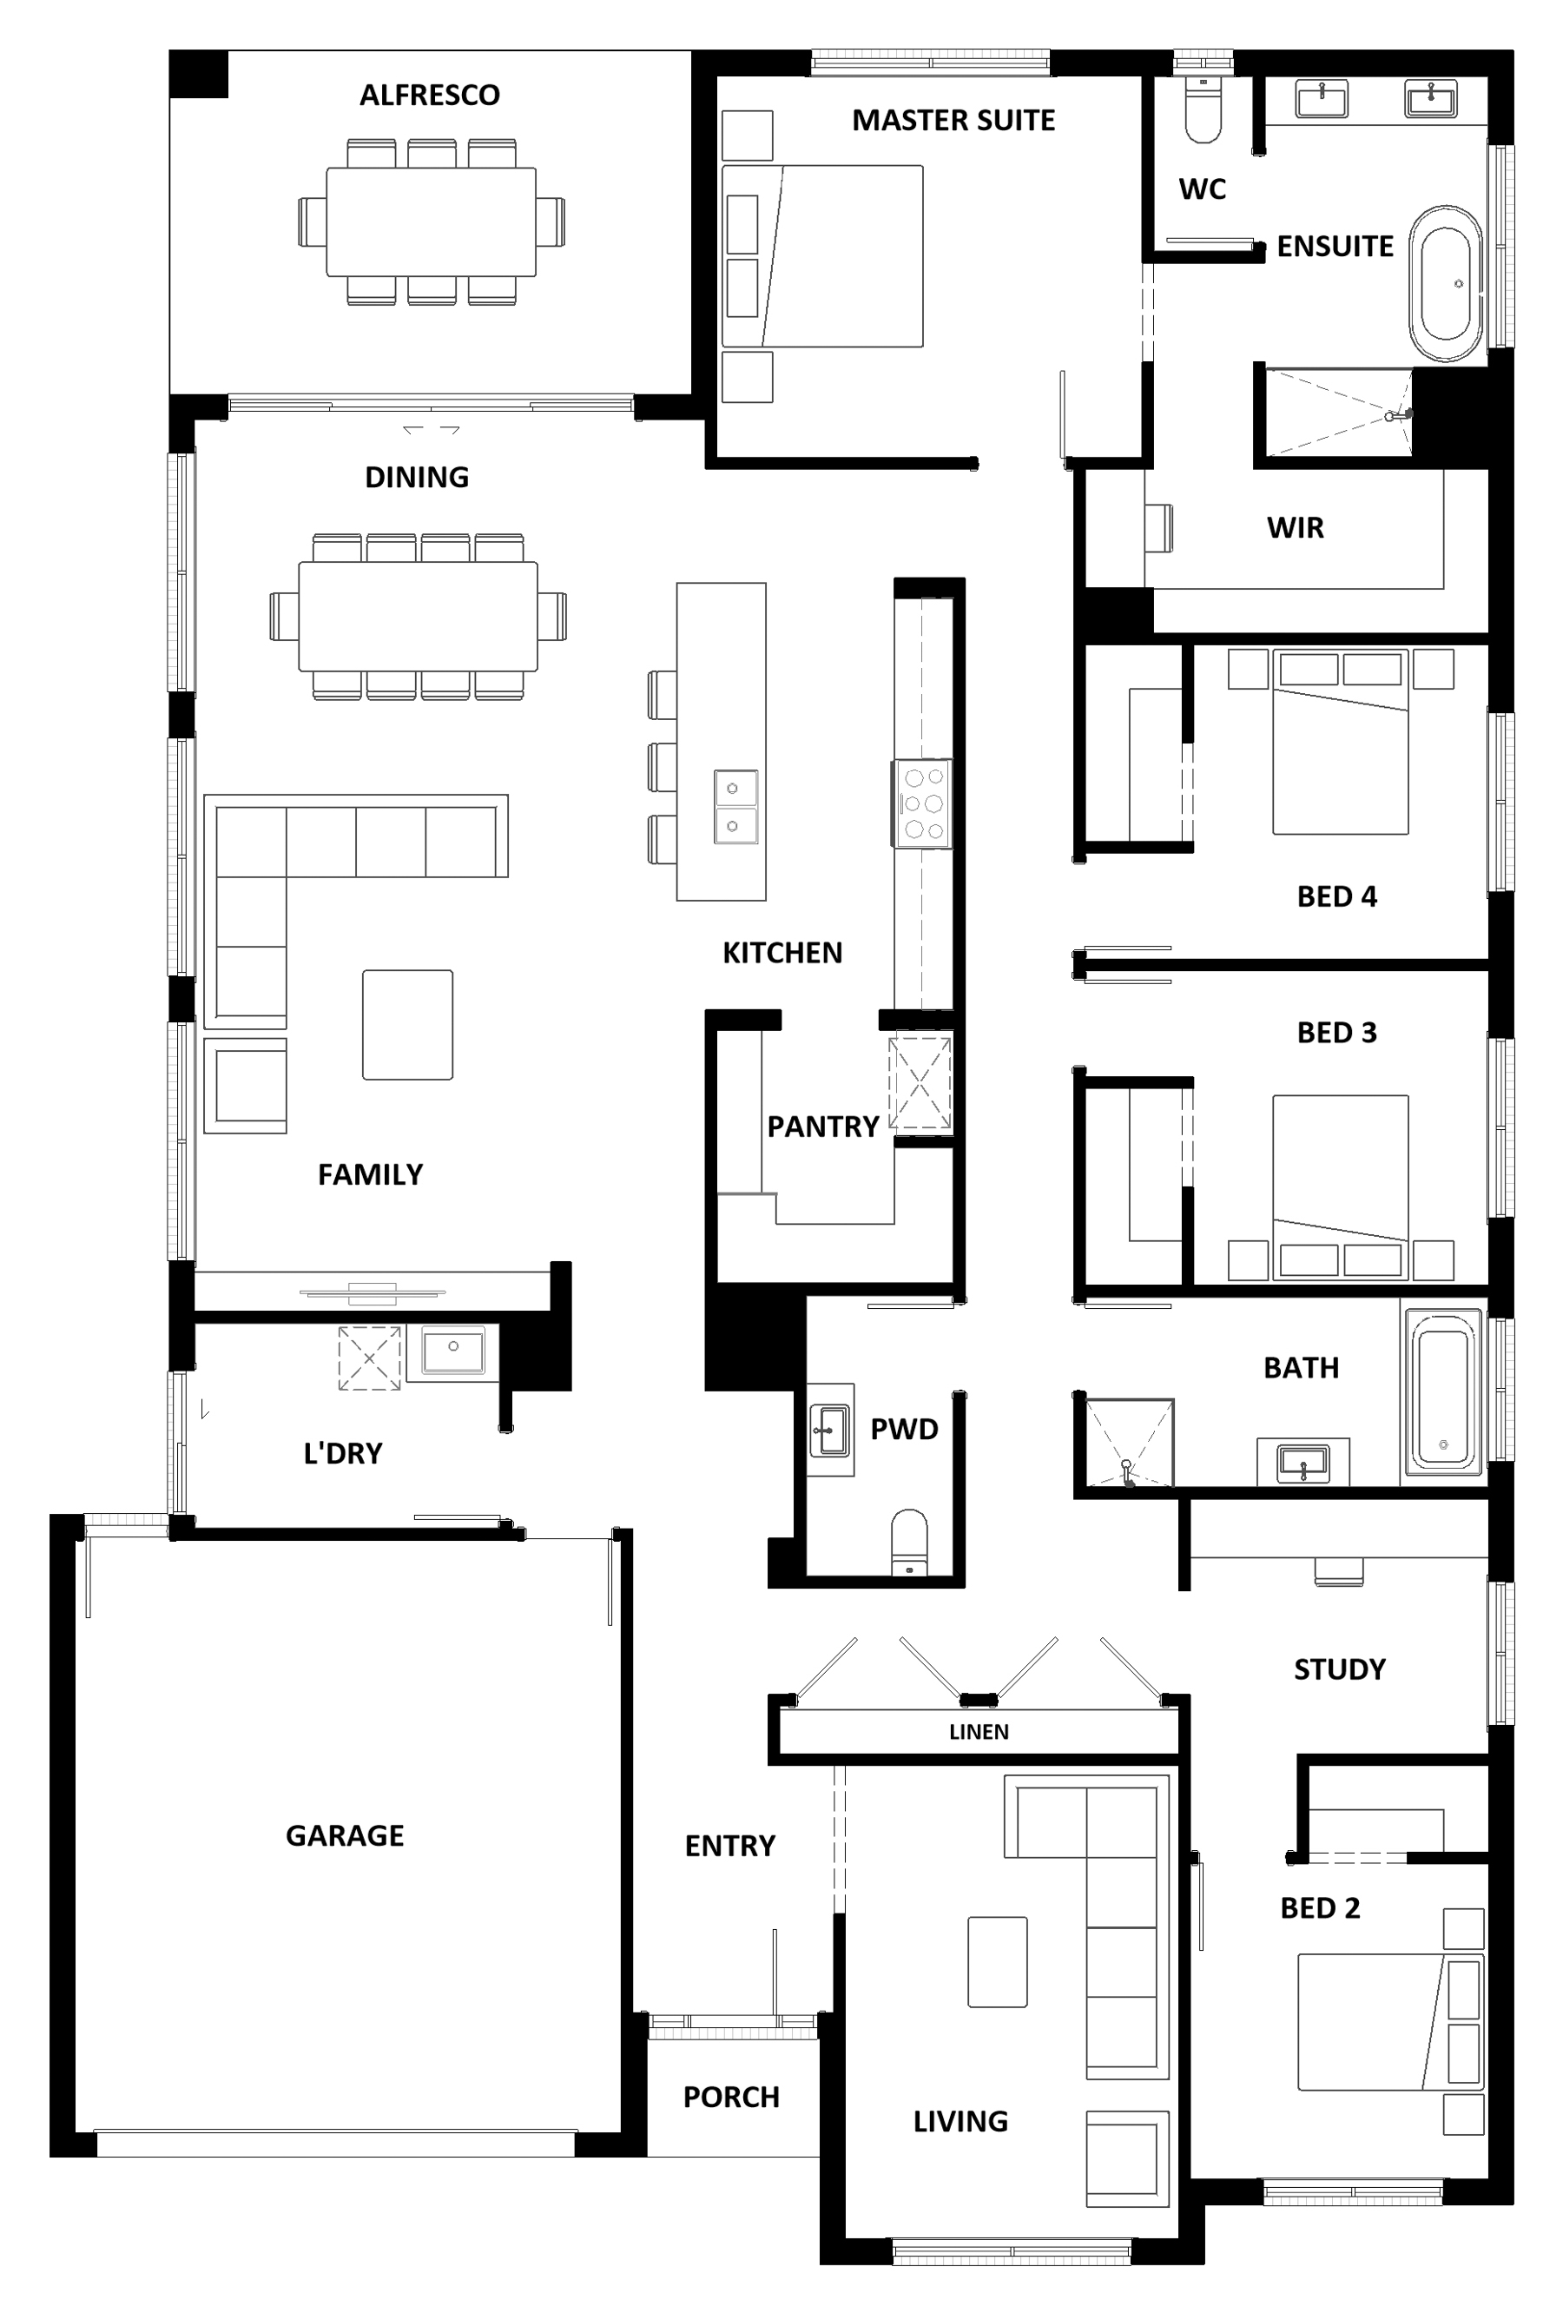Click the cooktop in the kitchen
[921, 803]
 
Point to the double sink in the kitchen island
[735, 806]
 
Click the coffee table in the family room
[407, 1024]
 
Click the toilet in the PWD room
[908, 1542]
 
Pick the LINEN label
[979, 1732]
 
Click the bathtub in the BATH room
[1441, 1391]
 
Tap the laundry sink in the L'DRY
[452, 1352]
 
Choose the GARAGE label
[344, 1835]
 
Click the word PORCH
[730, 2097]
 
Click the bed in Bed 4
[1340, 742]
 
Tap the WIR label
[1295, 527]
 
